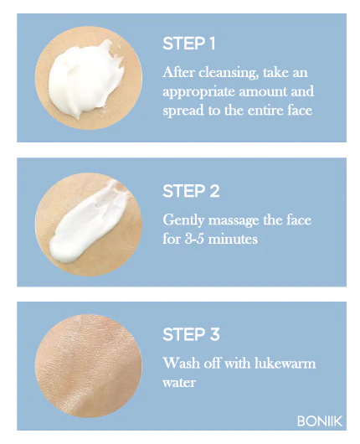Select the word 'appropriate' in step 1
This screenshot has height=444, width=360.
point(196,91)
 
